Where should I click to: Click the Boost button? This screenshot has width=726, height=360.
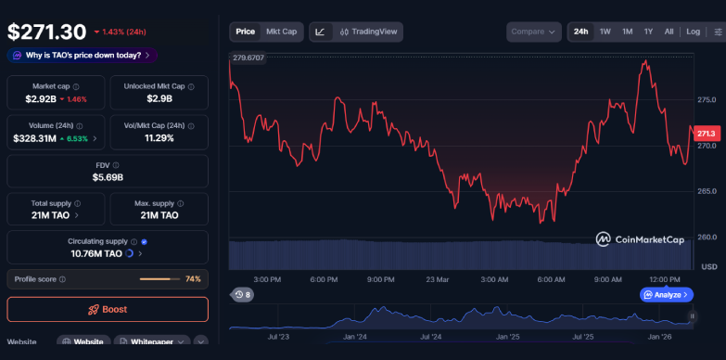click(x=108, y=309)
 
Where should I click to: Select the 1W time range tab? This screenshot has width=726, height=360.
click(x=605, y=32)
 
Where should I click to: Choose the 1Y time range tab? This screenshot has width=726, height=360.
click(x=648, y=32)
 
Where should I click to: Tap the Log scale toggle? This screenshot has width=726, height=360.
click(x=693, y=32)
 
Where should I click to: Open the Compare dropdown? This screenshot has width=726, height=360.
click(x=534, y=32)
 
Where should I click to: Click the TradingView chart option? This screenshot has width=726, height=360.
click(x=369, y=32)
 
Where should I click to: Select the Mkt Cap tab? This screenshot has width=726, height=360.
click(x=282, y=32)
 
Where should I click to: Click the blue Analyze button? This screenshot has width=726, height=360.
click(x=666, y=295)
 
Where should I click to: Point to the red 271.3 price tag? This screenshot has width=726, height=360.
click(x=706, y=133)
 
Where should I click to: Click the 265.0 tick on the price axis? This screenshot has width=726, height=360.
click(x=707, y=191)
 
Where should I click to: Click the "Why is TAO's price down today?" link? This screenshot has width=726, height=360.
click(x=83, y=55)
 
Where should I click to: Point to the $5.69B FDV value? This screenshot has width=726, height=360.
click(x=108, y=177)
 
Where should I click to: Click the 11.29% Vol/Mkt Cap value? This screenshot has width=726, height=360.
click(x=159, y=138)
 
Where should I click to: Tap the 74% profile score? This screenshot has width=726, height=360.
click(x=193, y=278)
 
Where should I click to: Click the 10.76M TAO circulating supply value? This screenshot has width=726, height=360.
click(x=96, y=253)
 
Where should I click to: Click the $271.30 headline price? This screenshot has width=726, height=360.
click(x=46, y=31)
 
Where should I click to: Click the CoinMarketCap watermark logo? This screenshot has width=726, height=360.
click(x=640, y=239)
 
